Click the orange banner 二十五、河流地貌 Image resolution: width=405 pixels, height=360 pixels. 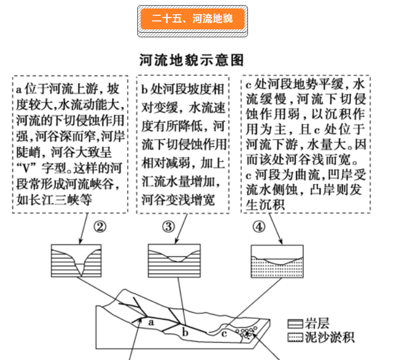tap(192, 20)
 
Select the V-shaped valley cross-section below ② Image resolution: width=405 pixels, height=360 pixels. tap(76, 261)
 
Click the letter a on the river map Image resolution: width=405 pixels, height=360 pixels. tap(151, 322)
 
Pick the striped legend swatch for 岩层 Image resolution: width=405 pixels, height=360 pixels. tap(294, 324)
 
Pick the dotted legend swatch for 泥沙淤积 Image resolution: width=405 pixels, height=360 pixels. tap(294, 338)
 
